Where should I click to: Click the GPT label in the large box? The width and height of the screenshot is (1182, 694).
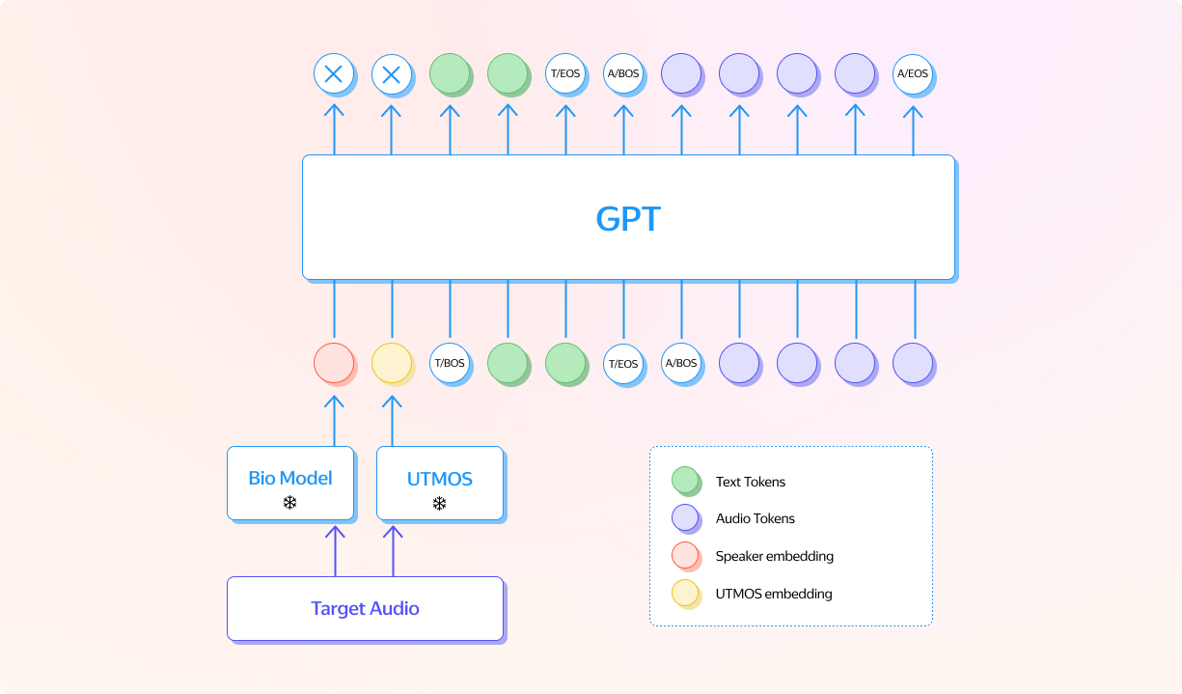[x=628, y=218]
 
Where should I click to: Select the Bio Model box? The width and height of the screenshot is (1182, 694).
[x=289, y=483]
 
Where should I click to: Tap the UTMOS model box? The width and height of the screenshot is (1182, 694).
[x=439, y=483]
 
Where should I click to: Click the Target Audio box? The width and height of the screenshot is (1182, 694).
[x=365, y=608]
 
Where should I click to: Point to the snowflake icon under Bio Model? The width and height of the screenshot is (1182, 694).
[x=289, y=502]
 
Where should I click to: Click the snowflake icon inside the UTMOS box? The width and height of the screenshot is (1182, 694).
[x=439, y=503]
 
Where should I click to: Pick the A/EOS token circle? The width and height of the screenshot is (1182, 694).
[x=912, y=73]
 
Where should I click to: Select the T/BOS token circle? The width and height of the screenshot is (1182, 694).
[x=449, y=364]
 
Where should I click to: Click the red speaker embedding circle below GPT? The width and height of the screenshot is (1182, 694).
[x=334, y=364]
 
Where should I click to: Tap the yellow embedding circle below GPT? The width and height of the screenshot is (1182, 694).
[x=392, y=364]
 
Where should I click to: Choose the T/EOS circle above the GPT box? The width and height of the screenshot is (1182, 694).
[x=564, y=73]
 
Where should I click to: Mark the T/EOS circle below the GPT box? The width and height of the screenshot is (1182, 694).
[x=622, y=364]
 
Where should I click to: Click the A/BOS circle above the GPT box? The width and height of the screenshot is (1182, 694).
[x=622, y=73]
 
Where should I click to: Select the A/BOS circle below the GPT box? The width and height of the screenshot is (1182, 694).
[x=680, y=364]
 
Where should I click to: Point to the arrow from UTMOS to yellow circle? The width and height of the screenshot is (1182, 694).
[x=392, y=419]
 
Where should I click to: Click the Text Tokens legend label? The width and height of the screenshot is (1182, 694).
[x=750, y=482]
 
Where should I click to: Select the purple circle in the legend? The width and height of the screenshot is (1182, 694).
[x=685, y=518]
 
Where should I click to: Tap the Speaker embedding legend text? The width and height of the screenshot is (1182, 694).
[x=774, y=556]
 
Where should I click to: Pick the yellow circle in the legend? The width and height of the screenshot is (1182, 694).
[x=685, y=594]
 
